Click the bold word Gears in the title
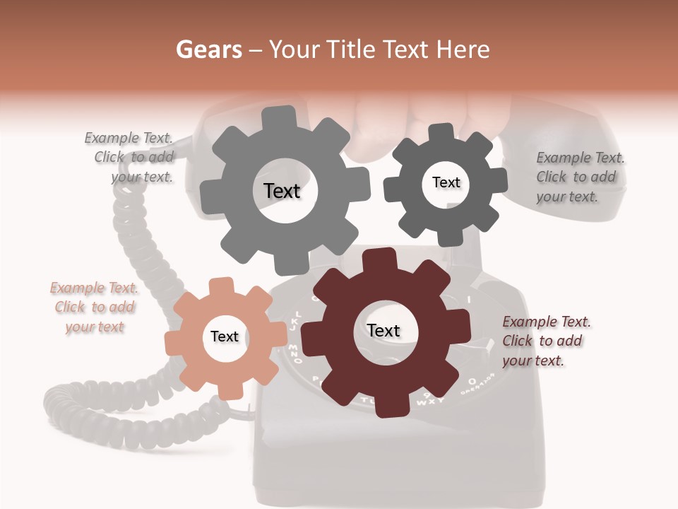click(208, 49)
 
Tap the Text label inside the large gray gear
click(282, 191)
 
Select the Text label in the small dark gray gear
click(446, 182)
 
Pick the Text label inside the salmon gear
click(225, 337)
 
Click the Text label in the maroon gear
click(383, 331)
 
